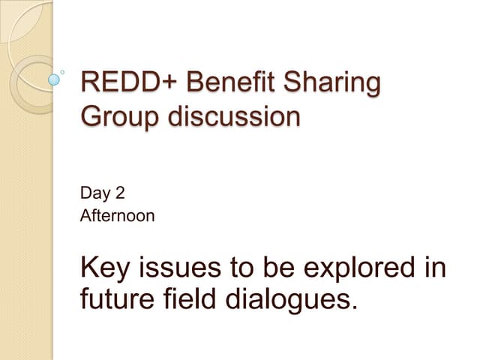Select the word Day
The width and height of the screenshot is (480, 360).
point(94,193)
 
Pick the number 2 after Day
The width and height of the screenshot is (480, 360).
point(119,193)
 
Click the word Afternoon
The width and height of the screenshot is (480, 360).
point(117,217)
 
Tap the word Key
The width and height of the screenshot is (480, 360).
point(105,268)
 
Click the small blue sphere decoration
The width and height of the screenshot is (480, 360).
point(54,77)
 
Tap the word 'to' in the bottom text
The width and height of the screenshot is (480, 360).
point(244,268)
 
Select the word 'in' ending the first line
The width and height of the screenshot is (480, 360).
point(433,268)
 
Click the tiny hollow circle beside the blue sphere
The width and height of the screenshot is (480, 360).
point(62,73)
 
